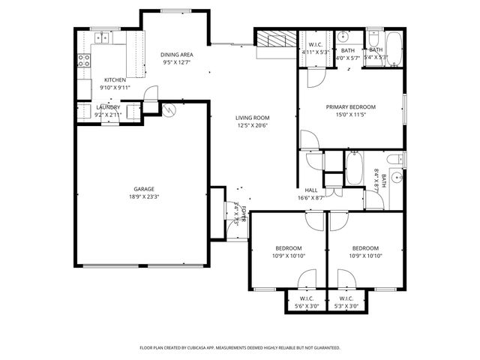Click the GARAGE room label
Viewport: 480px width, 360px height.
click(144, 190)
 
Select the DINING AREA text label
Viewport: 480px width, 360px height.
click(177, 55)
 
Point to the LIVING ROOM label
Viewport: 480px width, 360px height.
click(252, 118)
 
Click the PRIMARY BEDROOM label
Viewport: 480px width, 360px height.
click(350, 107)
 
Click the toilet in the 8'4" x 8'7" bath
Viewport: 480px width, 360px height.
click(394, 159)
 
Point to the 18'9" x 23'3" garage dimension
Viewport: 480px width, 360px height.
click(144, 197)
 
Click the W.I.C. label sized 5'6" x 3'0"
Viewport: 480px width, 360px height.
click(307, 298)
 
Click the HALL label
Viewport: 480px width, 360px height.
click(310, 190)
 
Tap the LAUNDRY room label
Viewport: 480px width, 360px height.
click(108, 107)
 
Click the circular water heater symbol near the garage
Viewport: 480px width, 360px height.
click(169, 109)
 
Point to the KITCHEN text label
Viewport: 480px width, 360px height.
click(115, 79)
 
